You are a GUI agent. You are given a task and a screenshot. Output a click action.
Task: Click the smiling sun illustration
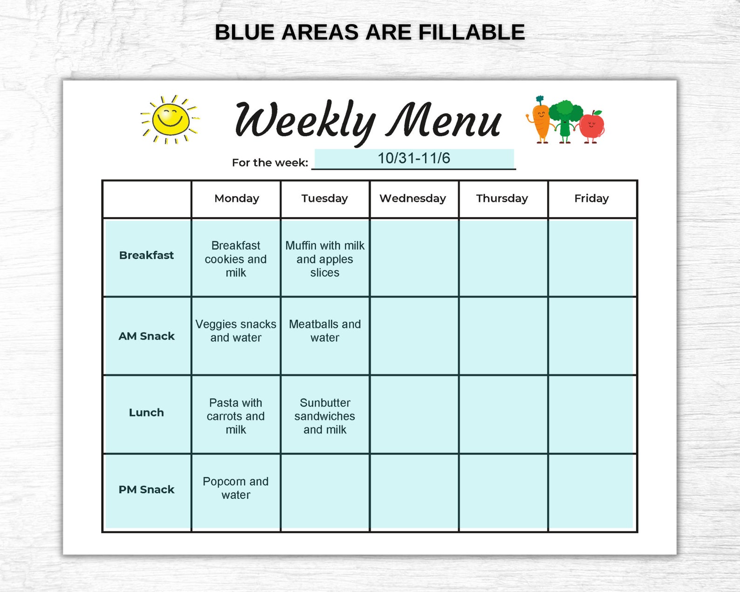click(x=170, y=119)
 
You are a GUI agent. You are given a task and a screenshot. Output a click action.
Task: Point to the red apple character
click(x=592, y=126)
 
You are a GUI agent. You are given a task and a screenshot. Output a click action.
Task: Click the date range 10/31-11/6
click(x=414, y=158)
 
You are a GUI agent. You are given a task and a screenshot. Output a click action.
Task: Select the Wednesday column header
click(x=413, y=199)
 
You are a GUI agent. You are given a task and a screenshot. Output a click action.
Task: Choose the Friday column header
click(x=591, y=199)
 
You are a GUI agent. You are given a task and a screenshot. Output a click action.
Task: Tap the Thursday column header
click(x=502, y=199)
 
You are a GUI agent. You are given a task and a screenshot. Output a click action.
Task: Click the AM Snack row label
click(x=146, y=336)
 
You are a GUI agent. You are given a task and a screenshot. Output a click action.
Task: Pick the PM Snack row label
click(x=146, y=489)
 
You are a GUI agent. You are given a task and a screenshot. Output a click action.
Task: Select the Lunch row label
click(x=146, y=413)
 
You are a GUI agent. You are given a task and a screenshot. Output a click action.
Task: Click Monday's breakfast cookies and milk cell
click(x=236, y=259)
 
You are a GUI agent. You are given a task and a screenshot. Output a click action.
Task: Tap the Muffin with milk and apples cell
click(x=325, y=259)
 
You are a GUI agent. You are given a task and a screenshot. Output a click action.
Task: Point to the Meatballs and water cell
click(x=325, y=331)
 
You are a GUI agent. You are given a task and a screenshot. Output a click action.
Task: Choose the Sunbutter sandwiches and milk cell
click(x=325, y=416)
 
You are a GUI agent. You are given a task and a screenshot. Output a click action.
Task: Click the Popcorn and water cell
click(x=236, y=488)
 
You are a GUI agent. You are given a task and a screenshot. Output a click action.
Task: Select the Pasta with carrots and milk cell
click(x=236, y=416)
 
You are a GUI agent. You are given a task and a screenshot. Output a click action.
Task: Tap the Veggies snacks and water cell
click(x=236, y=331)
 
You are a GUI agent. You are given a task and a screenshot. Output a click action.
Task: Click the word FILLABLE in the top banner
click(x=472, y=33)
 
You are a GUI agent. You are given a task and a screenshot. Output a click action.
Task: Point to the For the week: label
click(x=270, y=163)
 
